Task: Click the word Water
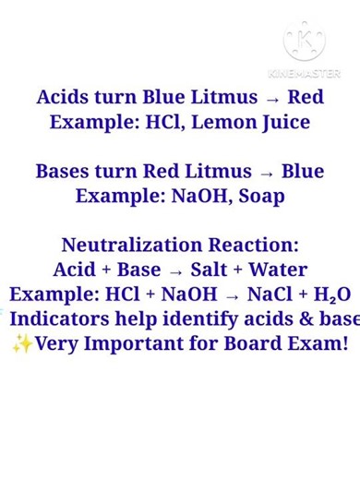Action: (x=279, y=270)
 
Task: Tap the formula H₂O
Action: (x=332, y=295)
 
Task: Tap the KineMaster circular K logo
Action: (x=304, y=42)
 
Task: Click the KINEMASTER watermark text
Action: (x=304, y=73)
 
